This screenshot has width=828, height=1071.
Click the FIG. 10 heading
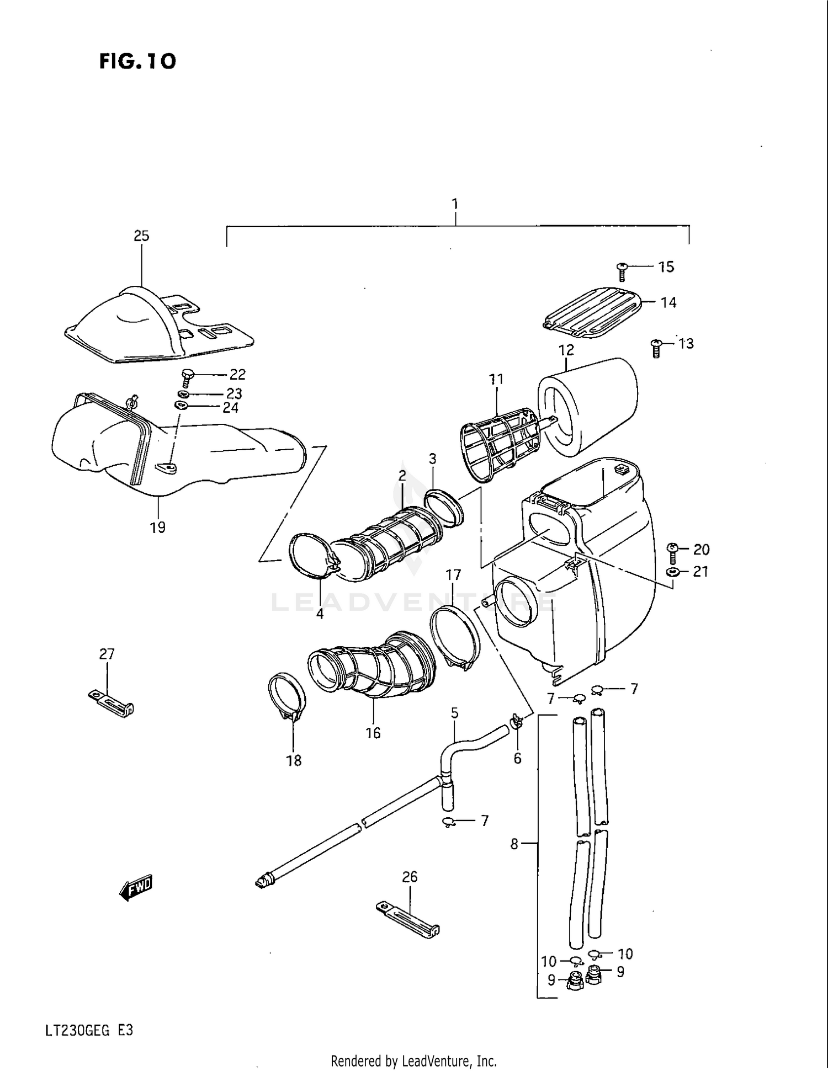coord(137,61)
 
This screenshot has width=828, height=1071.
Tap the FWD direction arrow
coord(136,887)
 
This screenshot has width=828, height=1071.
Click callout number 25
coord(141,236)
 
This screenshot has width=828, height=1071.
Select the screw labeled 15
coord(622,271)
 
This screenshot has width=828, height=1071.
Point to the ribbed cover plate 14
coord(593,312)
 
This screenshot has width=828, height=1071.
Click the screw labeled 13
coord(656,348)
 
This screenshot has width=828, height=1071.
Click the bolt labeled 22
coord(187,378)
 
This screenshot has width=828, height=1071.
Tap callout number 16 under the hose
coord(373,733)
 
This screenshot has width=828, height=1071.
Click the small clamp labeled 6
coord(516,721)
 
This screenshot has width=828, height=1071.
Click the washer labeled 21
coord(672,572)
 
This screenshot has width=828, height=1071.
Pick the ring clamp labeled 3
coord(444,507)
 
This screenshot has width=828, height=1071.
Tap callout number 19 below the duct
coord(158,527)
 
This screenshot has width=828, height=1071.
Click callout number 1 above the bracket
coord(455,204)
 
